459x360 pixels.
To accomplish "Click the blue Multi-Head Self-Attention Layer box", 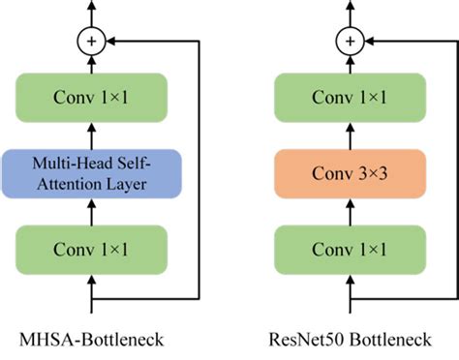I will tap(93, 172).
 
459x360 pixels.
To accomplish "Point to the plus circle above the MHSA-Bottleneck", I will tap(93, 42).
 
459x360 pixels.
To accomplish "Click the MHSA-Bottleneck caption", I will tap(93, 340).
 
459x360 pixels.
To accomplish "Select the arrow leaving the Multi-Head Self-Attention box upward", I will tap(93, 135).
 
